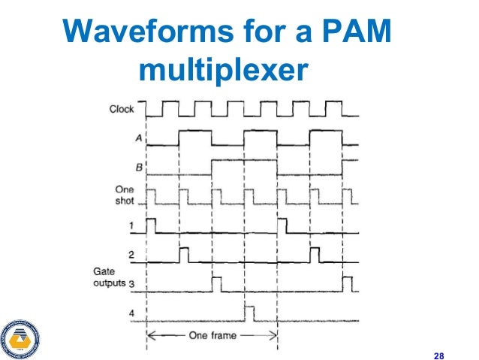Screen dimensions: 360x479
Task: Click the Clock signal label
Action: [x=122, y=110]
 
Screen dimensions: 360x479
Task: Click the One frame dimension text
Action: [x=212, y=337]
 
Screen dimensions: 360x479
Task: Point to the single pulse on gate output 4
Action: [x=250, y=311]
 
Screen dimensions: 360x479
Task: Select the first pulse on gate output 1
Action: [x=150, y=225]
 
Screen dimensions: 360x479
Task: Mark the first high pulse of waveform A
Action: [x=195, y=138]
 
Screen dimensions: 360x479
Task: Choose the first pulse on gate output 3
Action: [x=216, y=283]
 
